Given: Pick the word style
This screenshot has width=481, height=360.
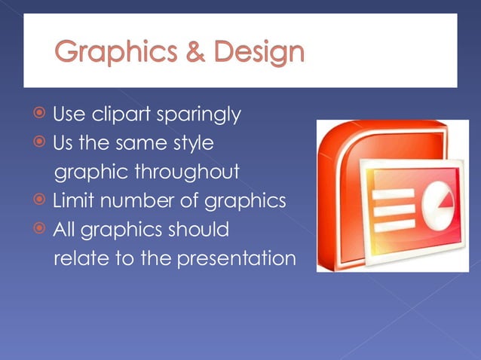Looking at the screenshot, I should click(x=193, y=143).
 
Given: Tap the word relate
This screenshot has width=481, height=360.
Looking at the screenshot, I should click(x=78, y=258).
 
